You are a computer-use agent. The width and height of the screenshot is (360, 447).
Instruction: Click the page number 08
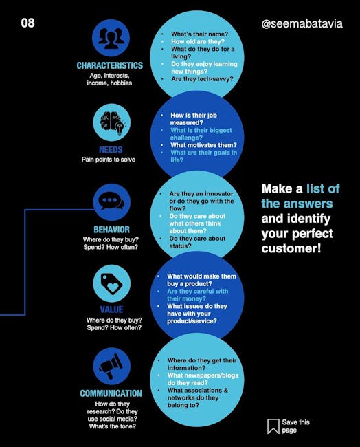[27, 23]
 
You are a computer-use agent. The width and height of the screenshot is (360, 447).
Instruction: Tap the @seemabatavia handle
[302, 23]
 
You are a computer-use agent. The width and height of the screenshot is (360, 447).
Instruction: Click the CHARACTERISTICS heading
[110, 65]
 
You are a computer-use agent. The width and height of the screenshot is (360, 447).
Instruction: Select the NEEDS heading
[111, 150]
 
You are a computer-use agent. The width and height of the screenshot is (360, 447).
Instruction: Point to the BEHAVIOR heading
[112, 230]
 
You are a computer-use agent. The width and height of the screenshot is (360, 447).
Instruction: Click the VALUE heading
[112, 309]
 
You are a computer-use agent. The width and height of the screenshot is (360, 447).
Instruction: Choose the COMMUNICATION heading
[111, 393]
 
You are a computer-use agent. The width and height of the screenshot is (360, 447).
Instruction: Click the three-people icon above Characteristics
[111, 38]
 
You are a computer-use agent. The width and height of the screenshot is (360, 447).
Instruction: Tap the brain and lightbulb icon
[112, 122]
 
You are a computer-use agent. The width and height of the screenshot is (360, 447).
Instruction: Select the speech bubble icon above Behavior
[112, 202]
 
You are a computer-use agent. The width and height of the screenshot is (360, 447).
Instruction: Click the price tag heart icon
[112, 283]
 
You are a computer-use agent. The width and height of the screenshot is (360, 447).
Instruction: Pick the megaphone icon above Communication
[112, 366]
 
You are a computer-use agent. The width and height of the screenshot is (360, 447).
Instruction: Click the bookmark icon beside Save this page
[273, 426]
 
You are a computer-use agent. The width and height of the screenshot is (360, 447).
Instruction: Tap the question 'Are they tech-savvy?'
[202, 79]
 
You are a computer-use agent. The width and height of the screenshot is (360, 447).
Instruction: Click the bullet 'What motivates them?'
[203, 145]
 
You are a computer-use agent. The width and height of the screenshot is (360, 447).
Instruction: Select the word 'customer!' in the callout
[291, 248]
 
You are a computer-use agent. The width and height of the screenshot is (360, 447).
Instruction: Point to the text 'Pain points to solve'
[109, 160]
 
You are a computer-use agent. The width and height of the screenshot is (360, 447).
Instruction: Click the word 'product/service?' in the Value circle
[192, 321]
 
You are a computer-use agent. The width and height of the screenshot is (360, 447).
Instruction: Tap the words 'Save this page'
[295, 426]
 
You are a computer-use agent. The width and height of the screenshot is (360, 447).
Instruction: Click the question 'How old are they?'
[198, 41]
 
